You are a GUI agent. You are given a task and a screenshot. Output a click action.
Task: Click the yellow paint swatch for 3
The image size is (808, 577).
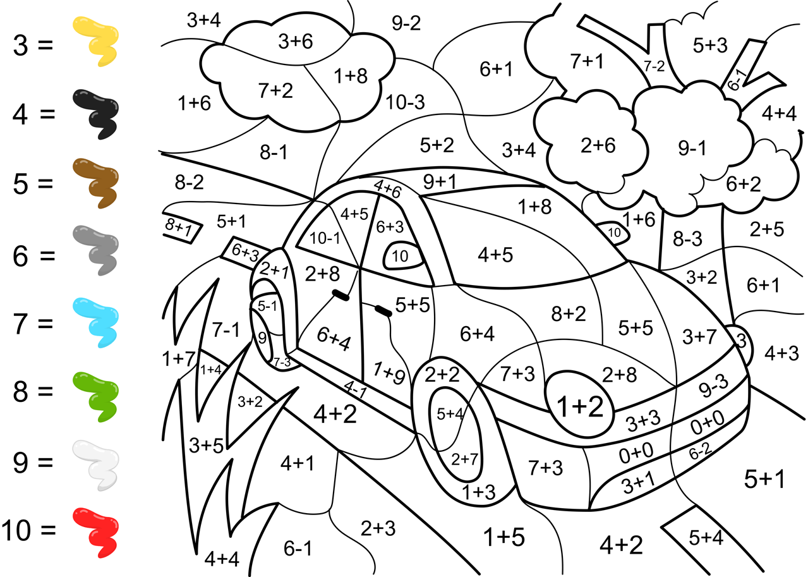(96, 41)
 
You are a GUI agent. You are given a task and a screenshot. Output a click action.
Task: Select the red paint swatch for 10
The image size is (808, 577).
(96, 532)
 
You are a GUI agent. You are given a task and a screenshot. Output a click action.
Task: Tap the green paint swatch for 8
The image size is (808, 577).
(96, 397)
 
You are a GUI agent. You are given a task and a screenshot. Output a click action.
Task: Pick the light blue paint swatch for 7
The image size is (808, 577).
(96, 322)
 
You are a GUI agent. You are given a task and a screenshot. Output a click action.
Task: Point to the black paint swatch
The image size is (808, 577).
(96, 114)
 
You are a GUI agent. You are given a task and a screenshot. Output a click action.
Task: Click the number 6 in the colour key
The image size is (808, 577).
(21, 256)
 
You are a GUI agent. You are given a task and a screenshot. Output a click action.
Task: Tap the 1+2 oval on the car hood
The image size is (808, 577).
(580, 404)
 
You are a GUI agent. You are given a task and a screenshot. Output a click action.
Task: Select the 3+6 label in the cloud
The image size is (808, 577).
(296, 42)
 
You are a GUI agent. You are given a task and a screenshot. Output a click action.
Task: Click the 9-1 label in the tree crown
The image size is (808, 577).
(692, 148)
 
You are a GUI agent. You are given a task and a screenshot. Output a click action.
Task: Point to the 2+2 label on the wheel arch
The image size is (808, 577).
(442, 374)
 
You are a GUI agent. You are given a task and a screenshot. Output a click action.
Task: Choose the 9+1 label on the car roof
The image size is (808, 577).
(440, 181)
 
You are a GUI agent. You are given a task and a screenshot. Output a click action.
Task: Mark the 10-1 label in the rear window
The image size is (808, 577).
(325, 238)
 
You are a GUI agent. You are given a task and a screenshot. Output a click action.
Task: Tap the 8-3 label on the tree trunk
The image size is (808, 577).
(687, 238)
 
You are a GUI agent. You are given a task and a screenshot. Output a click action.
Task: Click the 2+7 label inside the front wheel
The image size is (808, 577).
(464, 459)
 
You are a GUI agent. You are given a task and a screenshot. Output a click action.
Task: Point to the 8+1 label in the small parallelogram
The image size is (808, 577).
(179, 227)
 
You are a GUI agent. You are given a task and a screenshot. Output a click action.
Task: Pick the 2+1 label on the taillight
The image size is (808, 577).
(274, 269)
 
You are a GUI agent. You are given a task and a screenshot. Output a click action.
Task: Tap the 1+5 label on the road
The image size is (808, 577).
(504, 537)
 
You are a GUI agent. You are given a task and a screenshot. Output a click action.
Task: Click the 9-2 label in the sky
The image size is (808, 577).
(406, 23)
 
